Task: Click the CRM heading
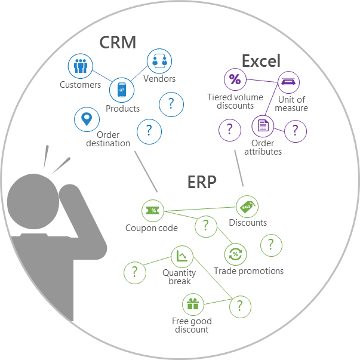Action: tap(118, 42)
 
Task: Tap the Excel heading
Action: tap(261, 60)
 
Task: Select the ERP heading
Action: tap(202, 181)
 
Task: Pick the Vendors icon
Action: tap(159, 61)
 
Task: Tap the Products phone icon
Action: tap(122, 90)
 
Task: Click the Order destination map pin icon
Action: tap(87, 119)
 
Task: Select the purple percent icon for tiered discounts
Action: tap(235, 80)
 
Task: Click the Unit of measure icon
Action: tap(289, 83)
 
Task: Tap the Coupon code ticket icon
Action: tap(153, 210)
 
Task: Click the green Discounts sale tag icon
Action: tap(247, 207)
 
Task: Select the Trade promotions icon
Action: tap(235, 254)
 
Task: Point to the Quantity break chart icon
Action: tap(181, 257)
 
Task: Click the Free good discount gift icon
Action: tap(192, 304)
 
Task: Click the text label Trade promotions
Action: tap(249, 271)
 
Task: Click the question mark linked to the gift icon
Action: tap(240, 306)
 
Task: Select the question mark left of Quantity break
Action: tap(135, 272)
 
